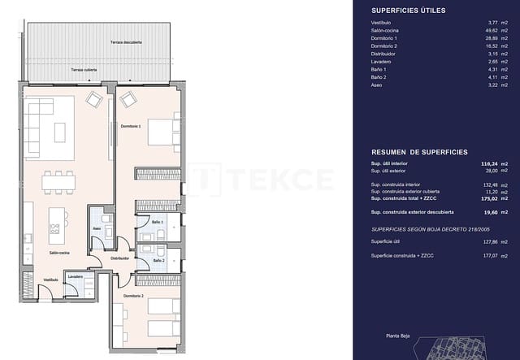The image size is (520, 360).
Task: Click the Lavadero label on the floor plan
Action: pos(76,276)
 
